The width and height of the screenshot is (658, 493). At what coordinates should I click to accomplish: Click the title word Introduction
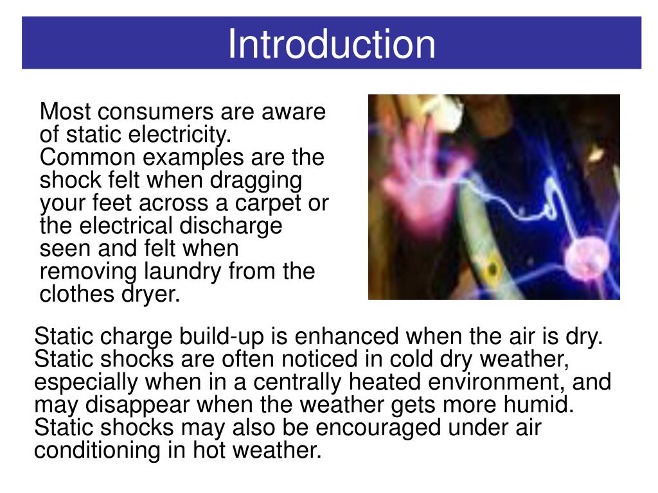(x=332, y=44)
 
